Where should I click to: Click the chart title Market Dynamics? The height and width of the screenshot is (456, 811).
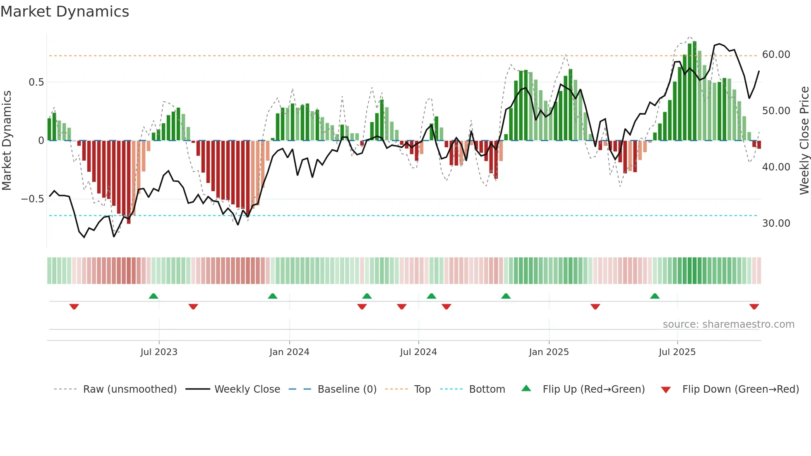(x=65, y=12)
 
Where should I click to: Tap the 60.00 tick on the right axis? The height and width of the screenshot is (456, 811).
(x=776, y=55)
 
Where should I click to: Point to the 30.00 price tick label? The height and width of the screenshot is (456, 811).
(x=776, y=223)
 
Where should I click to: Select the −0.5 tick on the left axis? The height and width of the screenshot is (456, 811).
(x=32, y=199)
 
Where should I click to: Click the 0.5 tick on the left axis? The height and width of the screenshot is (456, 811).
(x=36, y=82)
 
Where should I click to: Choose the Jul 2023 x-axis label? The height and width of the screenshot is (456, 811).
(x=158, y=352)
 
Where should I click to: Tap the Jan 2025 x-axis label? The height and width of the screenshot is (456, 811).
(x=549, y=352)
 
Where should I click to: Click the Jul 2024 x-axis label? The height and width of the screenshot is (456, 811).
(x=418, y=352)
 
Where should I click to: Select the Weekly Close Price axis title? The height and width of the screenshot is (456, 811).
(x=804, y=140)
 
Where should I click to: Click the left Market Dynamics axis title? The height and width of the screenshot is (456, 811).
(x=7, y=140)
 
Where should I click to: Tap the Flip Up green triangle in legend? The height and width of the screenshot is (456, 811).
(x=526, y=388)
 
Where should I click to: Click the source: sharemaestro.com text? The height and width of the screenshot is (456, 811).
(x=728, y=324)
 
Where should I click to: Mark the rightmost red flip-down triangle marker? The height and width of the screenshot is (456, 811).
(x=754, y=307)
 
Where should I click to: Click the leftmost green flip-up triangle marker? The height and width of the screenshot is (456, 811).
(x=154, y=296)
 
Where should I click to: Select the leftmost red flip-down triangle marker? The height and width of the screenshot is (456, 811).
(x=74, y=307)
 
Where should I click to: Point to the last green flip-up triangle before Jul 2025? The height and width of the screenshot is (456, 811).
(x=655, y=296)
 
